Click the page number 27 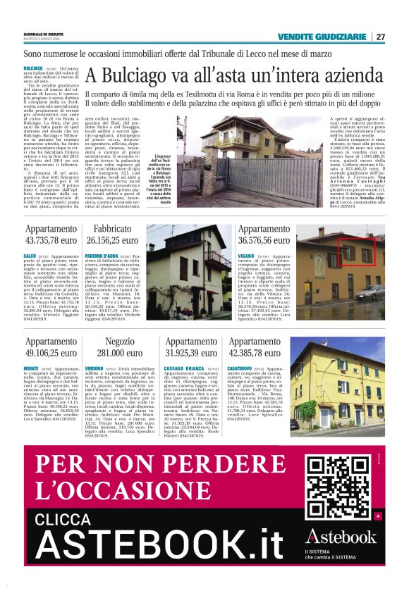[381, 37]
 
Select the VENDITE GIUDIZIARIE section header [322, 37]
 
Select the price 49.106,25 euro [51, 353]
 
